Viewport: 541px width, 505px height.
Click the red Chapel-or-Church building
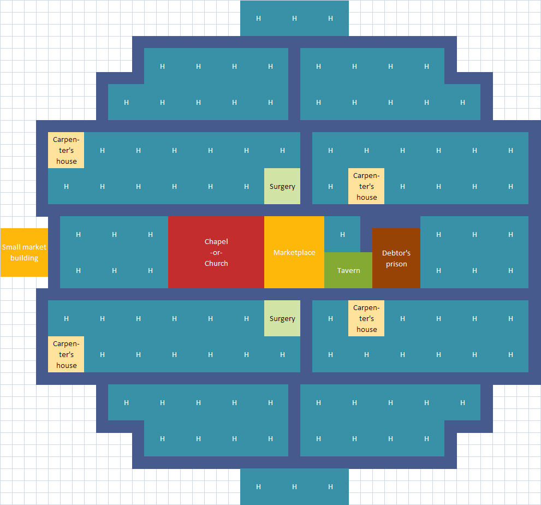pos(216,252)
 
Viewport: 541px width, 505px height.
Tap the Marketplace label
pos(294,252)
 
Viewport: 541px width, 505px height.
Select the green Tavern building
pos(348,270)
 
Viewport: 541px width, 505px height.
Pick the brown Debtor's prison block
pos(396,258)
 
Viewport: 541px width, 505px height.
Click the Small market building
pos(24,253)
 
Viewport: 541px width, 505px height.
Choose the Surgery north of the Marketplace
pos(282,186)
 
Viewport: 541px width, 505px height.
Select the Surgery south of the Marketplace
pos(282,318)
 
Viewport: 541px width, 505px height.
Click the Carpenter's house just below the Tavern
pos(366,318)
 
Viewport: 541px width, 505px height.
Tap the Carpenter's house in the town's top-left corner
pos(66,150)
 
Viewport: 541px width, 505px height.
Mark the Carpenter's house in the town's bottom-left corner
pos(66,354)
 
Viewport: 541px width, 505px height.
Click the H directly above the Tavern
pos(342,235)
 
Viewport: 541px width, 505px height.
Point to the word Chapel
pos(216,241)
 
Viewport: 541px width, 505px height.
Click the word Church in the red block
pos(216,263)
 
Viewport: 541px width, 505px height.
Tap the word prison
pos(396,264)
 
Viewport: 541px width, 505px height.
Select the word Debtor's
pos(396,253)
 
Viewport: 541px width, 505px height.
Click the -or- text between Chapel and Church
pos(216,252)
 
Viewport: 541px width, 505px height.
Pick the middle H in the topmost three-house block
pos(294,19)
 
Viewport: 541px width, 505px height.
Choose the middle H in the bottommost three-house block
pos(294,486)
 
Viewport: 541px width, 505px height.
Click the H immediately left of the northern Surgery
pos(246,187)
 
